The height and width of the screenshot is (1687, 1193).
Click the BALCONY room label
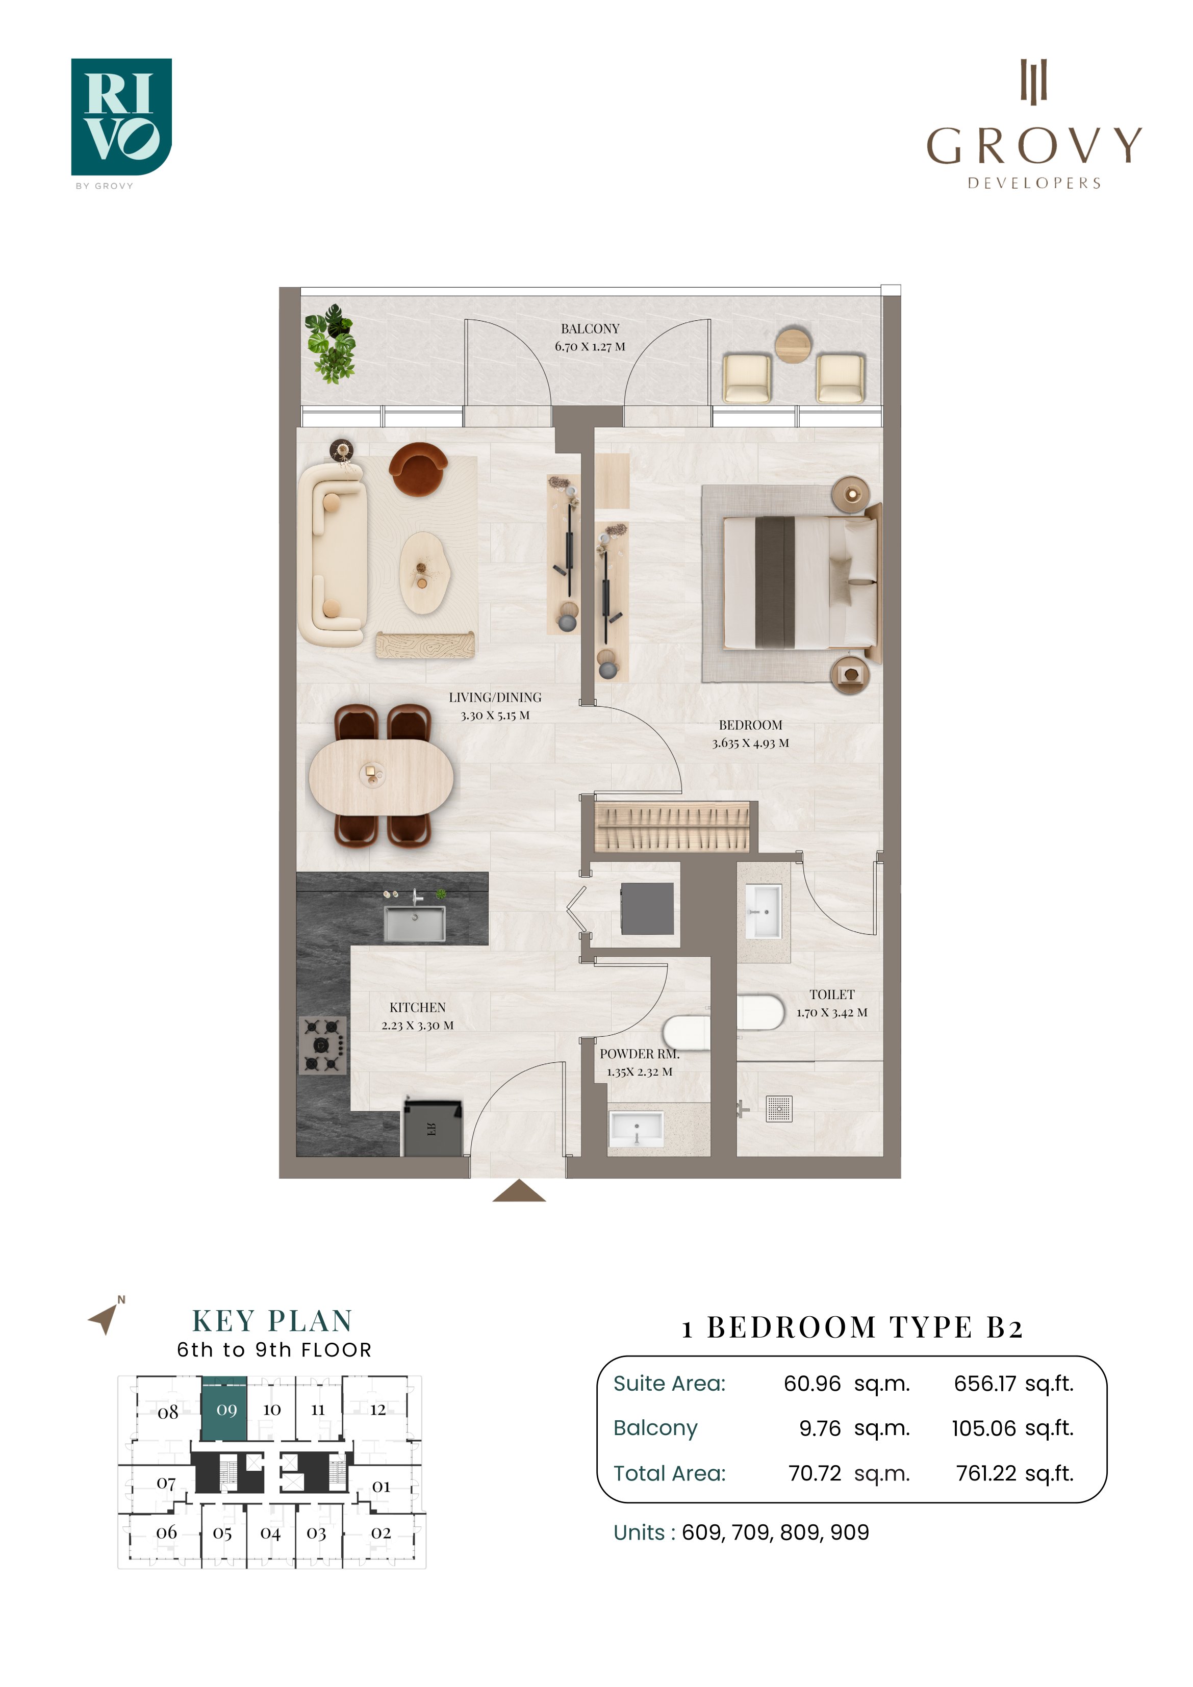[590, 328]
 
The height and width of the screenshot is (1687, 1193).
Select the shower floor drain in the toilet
[779, 1109]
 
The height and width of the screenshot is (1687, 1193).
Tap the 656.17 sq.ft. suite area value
[1013, 1384]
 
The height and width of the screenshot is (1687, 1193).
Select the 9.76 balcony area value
[820, 1428]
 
